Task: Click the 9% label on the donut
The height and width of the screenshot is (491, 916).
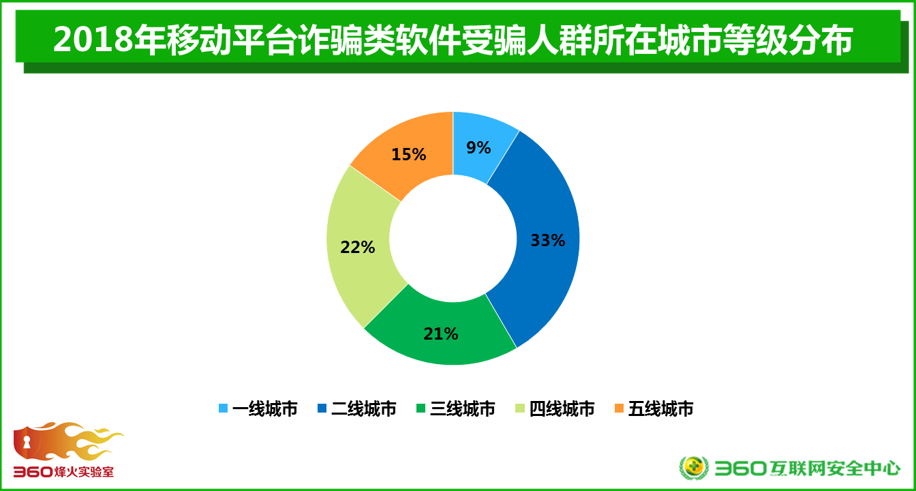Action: (478, 148)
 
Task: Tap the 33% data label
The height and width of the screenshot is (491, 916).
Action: (548, 240)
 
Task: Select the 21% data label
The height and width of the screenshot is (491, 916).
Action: (441, 334)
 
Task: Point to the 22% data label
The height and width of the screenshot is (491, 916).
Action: (358, 247)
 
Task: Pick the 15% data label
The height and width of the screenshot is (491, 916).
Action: (409, 154)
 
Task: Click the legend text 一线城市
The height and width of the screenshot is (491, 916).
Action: (265, 408)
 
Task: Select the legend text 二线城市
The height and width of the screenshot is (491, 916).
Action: (364, 408)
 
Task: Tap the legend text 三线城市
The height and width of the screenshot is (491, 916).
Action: (463, 408)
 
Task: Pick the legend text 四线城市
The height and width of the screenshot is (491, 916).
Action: (562, 408)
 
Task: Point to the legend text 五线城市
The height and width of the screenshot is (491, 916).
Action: (661, 408)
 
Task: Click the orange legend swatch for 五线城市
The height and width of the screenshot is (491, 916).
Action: (619, 408)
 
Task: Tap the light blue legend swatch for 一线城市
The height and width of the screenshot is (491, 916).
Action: (224, 408)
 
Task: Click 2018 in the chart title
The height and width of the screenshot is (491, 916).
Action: (93, 40)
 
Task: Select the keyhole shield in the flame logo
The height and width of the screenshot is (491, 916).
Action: (27, 442)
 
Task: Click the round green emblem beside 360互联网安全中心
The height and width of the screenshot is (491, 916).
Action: (694, 468)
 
